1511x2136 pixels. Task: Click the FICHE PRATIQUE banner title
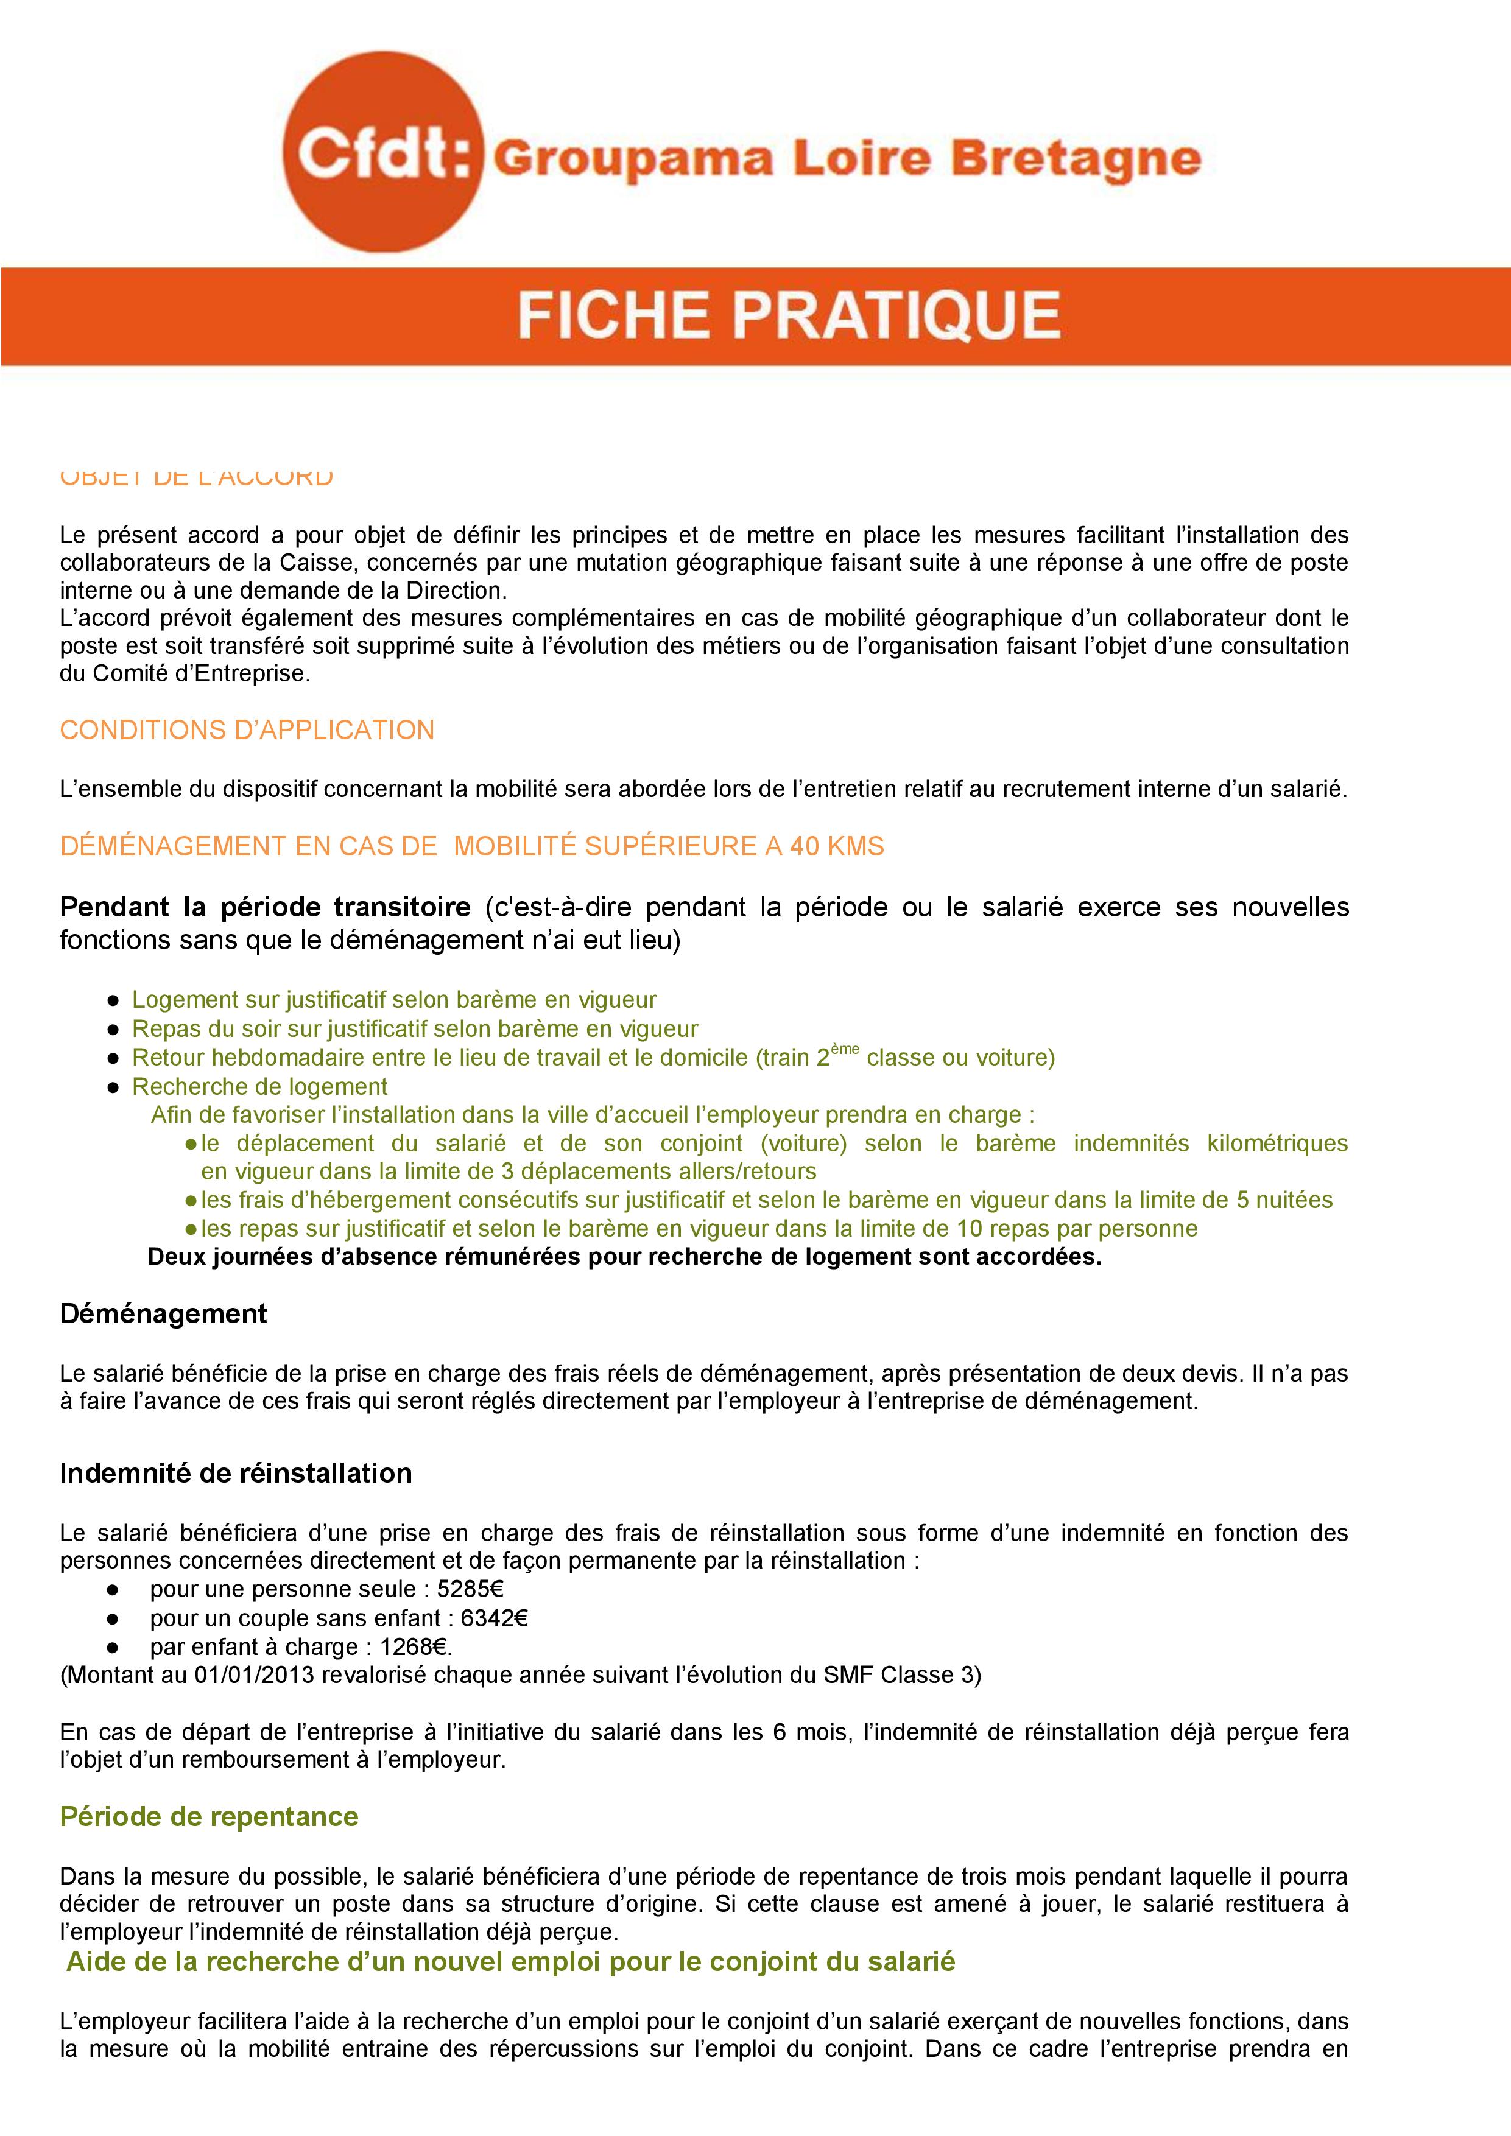coord(789,315)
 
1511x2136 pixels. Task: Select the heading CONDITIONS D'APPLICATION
coord(247,730)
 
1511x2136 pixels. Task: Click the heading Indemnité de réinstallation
coord(236,1474)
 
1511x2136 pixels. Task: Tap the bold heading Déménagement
coord(163,1313)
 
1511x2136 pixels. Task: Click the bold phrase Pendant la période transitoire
coord(264,907)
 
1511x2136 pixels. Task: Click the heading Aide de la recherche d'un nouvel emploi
coord(511,1962)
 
